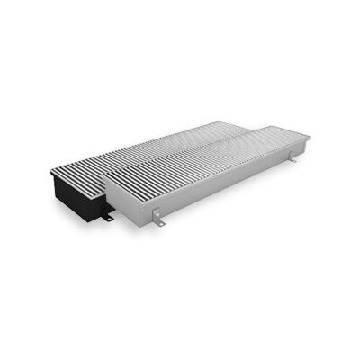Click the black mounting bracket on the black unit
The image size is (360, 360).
pos(107,217)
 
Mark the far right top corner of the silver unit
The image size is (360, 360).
pos(310,136)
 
